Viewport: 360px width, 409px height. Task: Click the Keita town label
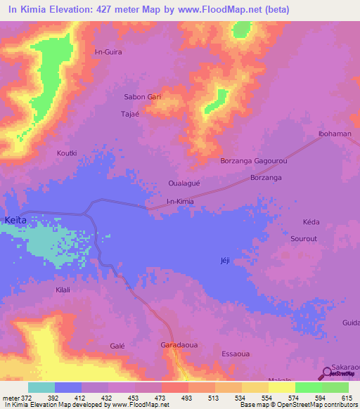15,220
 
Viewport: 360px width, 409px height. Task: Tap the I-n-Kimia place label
179,202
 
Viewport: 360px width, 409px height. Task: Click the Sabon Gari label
143,97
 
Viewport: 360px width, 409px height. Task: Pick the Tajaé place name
131,113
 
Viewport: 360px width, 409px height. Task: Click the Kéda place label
311,222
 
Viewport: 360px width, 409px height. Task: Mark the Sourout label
304,239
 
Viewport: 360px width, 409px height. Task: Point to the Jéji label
225,261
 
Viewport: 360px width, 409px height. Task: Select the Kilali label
65,289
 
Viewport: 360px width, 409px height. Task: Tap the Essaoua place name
236,353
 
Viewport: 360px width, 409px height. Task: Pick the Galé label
117,346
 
